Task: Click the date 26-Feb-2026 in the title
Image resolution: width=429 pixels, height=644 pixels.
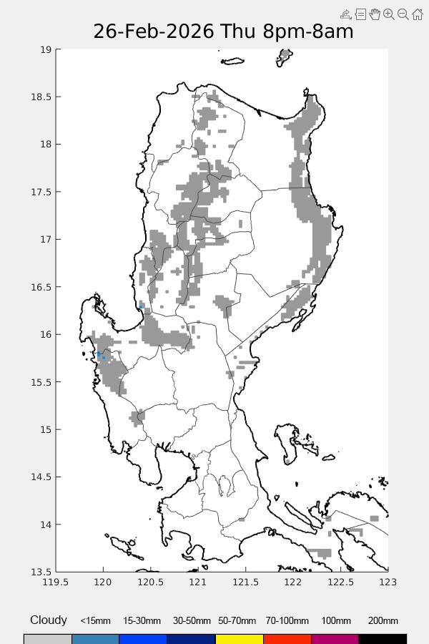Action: tap(154, 32)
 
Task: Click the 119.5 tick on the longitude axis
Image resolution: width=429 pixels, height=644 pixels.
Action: tap(56, 582)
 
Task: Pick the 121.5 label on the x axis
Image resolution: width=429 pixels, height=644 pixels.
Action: tap(245, 582)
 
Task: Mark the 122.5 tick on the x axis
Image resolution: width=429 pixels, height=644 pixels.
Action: tap(340, 582)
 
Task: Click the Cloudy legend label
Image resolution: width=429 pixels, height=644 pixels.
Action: tap(49, 620)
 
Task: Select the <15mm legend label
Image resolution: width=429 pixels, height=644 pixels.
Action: tap(95, 621)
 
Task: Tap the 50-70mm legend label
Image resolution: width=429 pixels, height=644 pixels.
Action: tap(239, 621)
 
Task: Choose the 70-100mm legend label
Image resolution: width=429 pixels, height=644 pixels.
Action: tap(287, 621)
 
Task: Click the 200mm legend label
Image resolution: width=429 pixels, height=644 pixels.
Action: tap(383, 621)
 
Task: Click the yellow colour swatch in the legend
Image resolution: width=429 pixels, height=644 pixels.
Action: tap(239, 638)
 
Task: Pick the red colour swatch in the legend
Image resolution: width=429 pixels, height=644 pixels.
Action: tap(287, 638)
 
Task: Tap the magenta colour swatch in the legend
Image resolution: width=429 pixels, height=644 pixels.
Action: tap(335, 638)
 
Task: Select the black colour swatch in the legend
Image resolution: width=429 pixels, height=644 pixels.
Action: tap(383, 638)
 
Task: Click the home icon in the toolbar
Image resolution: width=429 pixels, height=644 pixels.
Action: tap(418, 14)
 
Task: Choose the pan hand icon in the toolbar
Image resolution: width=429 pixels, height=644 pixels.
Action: tap(375, 14)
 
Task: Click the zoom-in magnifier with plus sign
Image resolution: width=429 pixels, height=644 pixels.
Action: tap(389, 14)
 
